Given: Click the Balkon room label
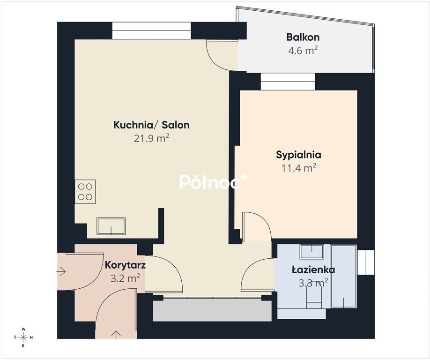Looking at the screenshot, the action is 303,37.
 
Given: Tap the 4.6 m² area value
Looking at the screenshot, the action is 303,51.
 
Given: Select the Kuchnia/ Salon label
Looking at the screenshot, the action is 151,125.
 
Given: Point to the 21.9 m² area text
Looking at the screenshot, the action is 151,138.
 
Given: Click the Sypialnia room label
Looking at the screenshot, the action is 298,155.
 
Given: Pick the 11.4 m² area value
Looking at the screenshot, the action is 299,168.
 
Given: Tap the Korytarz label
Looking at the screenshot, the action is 125,265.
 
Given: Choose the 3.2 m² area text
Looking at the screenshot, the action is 126,278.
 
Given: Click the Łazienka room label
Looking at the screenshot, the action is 313,270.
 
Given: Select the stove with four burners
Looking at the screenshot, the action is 85,192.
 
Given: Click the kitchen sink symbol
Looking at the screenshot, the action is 111,226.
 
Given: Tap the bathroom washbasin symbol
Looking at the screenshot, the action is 312,252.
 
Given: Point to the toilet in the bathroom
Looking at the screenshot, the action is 314,299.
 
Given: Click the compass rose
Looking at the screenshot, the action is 23,337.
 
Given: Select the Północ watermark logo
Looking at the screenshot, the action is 214,181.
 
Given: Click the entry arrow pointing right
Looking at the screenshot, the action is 61,272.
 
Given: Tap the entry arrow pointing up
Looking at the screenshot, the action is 116,335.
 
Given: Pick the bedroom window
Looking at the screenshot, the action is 288,82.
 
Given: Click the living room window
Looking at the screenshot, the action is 151,31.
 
